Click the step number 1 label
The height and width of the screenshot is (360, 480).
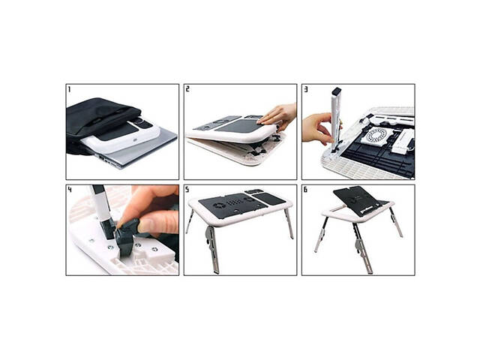pyautogui.click(x=70, y=90)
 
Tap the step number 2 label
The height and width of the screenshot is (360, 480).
pyautogui.click(x=188, y=90)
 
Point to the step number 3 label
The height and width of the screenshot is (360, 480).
pyautogui.click(x=306, y=90)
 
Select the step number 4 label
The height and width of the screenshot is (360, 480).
pyautogui.click(x=70, y=190)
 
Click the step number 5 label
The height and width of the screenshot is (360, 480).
pyautogui.click(x=188, y=190)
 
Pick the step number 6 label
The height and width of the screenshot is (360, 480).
pyautogui.click(x=306, y=190)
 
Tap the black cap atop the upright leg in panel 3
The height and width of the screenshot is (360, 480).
pyautogui.click(x=335, y=91)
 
